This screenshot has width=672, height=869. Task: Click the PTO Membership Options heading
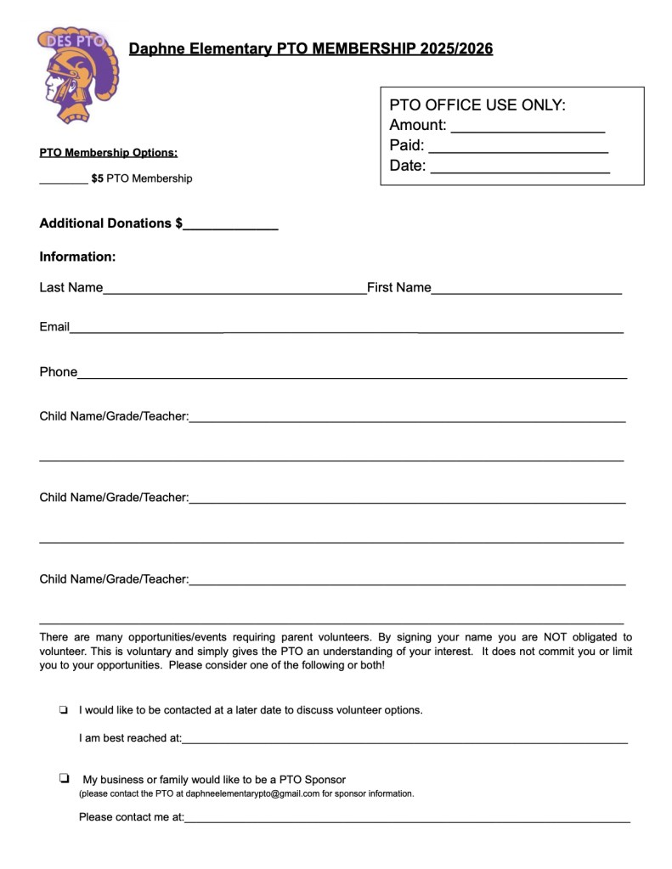point(108,153)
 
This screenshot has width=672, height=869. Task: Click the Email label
point(54,327)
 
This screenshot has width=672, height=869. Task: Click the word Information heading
point(77,257)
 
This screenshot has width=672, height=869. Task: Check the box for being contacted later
point(63,709)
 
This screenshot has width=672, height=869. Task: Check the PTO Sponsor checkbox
point(64,778)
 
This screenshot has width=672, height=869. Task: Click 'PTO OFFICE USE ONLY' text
point(477,105)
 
